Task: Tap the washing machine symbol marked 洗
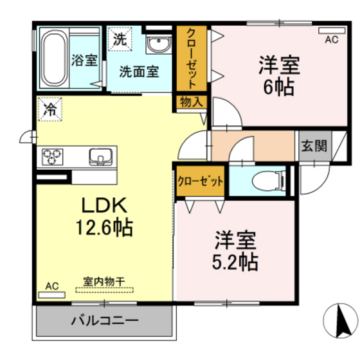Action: click(x=120, y=39)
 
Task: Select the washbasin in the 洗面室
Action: click(x=159, y=44)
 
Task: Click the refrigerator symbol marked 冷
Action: click(x=50, y=109)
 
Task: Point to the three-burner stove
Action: click(x=52, y=157)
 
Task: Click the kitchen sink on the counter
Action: click(x=101, y=157)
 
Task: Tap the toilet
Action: click(x=269, y=181)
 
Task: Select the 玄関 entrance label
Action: click(x=314, y=146)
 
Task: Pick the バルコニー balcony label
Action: click(x=105, y=320)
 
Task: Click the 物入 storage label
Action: click(x=192, y=102)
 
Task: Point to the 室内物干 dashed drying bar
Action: click(x=104, y=290)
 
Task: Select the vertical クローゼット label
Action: click(x=192, y=59)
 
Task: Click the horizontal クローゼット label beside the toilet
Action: click(x=200, y=181)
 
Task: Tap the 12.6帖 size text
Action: click(x=104, y=228)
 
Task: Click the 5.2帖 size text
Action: click(x=235, y=262)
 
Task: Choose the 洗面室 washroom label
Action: click(x=139, y=71)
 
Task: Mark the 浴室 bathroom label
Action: click(x=84, y=60)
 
